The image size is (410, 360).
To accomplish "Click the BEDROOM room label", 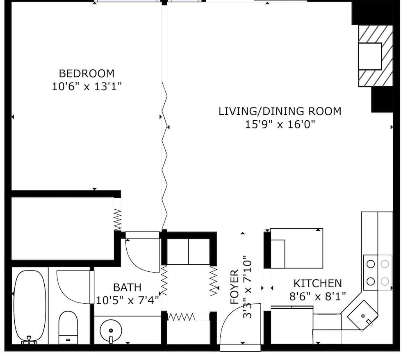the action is click(x=87, y=73).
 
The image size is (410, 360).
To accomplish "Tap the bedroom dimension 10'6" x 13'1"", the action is click(x=87, y=86).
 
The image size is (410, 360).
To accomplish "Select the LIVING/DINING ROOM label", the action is click(x=280, y=111).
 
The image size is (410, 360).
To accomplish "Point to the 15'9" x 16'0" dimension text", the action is click(x=280, y=124).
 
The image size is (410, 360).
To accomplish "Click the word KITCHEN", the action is click(x=317, y=284).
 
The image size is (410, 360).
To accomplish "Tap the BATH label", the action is click(x=127, y=287).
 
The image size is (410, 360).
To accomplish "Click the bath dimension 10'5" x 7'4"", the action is click(x=128, y=300).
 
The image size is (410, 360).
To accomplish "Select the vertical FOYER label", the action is click(x=235, y=287).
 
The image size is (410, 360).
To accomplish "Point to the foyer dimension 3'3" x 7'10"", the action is click(x=247, y=287).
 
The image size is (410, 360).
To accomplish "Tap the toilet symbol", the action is click(x=68, y=328).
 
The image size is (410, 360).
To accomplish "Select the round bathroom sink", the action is click(x=111, y=331).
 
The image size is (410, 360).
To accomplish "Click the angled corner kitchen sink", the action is click(x=362, y=315).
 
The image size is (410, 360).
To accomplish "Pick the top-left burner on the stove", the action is click(x=371, y=264).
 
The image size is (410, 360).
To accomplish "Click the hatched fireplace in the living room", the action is click(x=376, y=56).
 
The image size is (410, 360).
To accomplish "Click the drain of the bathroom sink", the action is click(x=111, y=330).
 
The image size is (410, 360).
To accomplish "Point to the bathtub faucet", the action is click(x=29, y=339).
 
